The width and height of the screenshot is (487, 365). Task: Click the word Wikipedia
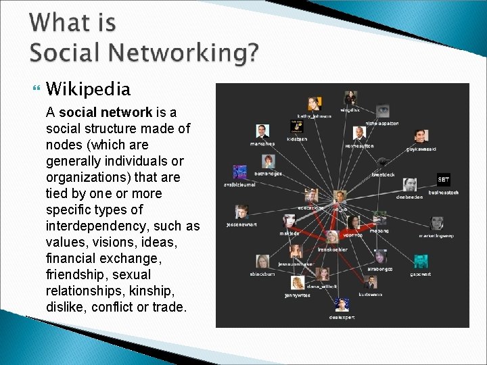coord(88,89)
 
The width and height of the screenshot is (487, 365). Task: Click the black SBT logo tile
coord(443,179)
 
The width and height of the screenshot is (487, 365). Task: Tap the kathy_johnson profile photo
coord(314,103)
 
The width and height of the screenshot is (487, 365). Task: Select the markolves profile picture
coord(262,131)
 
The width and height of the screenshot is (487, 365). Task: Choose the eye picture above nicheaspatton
coord(383,111)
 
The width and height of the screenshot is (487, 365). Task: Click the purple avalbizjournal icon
coord(239,172)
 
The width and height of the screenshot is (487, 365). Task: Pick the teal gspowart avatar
coord(421,261)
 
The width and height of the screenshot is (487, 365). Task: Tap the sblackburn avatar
coord(262,262)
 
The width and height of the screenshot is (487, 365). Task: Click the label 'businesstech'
coord(443,193)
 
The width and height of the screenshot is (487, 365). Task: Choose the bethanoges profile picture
coord(269,162)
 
